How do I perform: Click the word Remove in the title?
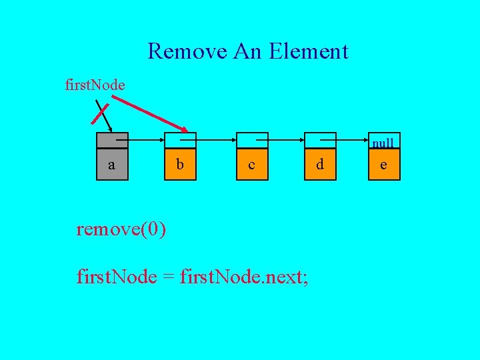pos(187,51)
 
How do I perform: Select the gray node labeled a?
pos(111,164)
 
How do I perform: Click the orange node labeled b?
pos(180,164)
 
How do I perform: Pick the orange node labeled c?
pos(251,164)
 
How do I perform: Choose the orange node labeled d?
pos(320,164)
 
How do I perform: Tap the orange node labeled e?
pos(383,164)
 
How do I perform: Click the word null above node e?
pos(383,143)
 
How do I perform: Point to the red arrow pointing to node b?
pos(150,113)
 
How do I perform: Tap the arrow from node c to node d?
pos(283,141)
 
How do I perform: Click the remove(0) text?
pos(121,230)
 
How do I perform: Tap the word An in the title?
pos(249,51)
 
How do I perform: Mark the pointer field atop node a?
pos(111,140)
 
